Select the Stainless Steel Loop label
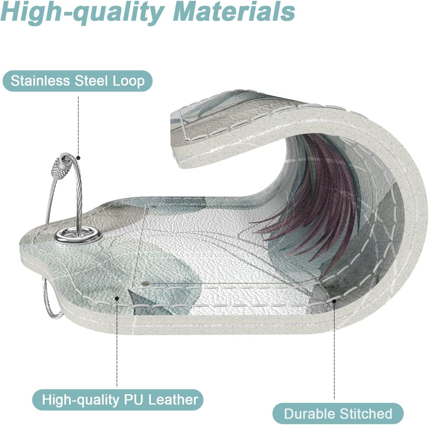77,81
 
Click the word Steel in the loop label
91,81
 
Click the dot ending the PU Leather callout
117,298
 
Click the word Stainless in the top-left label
40,81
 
